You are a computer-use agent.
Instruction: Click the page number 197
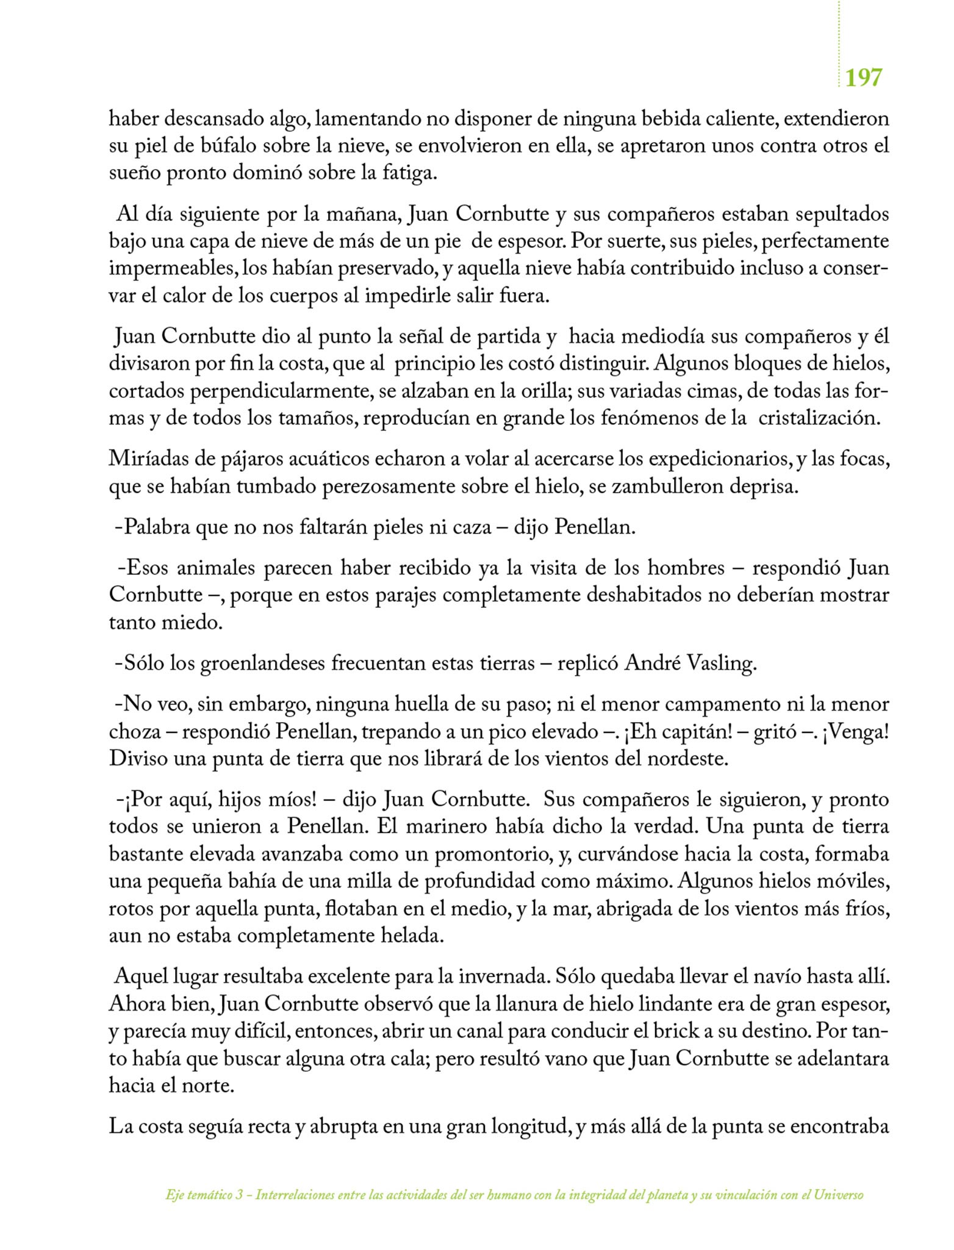[x=864, y=78]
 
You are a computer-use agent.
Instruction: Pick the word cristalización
[x=819, y=419]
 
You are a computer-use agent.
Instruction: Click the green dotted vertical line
[x=839, y=43]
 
